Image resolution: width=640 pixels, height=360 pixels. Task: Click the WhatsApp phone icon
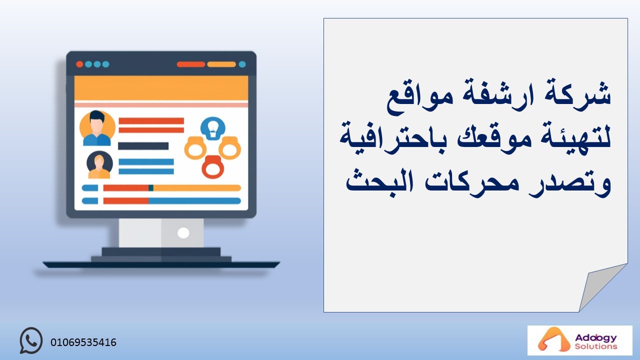[31, 340]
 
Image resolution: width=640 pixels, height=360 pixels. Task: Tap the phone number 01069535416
[83, 342]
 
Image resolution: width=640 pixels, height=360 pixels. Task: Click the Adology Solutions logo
[579, 340]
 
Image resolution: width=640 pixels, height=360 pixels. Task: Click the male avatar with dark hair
[97, 128]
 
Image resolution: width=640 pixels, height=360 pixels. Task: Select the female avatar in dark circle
[99, 165]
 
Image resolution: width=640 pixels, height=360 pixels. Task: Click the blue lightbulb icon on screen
[213, 128]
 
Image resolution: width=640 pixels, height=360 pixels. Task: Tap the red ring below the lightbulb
[213, 167]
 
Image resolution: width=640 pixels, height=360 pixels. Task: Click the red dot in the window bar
[79, 64]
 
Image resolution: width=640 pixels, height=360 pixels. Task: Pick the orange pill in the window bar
[221, 64]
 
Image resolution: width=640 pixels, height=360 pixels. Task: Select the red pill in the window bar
[191, 64]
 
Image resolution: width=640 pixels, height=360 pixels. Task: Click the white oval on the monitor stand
[183, 233]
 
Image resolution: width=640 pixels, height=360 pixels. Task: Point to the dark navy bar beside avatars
[143, 146]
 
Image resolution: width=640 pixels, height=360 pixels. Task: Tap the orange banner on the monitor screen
[161, 88]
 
